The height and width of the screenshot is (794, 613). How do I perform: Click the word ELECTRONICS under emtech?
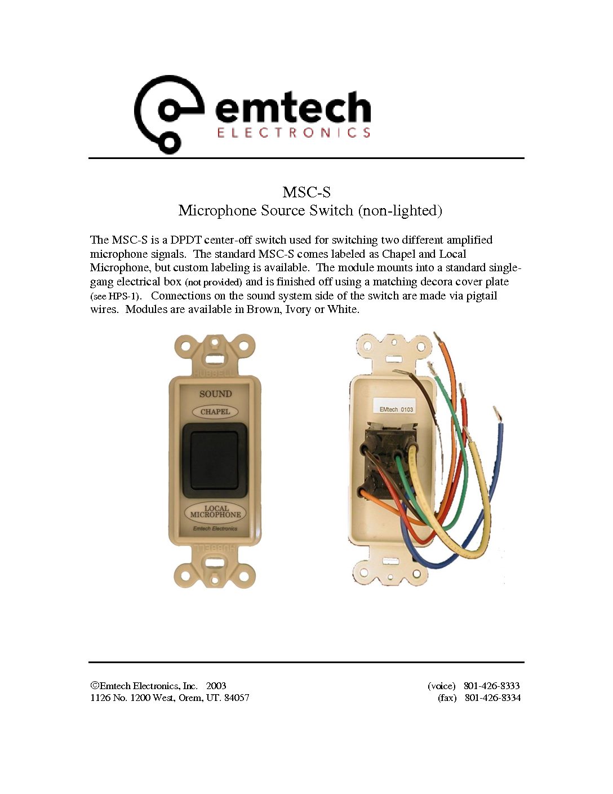(x=294, y=133)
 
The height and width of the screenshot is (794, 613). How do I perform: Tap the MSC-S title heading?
(x=306, y=192)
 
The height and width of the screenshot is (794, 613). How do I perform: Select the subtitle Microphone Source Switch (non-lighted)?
(x=310, y=211)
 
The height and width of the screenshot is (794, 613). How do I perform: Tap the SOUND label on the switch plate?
(x=215, y=394)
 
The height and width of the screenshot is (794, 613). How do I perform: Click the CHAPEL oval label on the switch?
(x=215, y=412)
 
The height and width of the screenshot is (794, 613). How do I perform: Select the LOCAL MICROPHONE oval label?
(x=215, y=511)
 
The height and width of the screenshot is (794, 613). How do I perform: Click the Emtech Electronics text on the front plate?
(x=215, y=529)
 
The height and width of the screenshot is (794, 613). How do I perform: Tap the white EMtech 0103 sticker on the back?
(x=396, y=408)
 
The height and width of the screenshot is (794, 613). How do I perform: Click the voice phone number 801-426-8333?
(x=491, y=686)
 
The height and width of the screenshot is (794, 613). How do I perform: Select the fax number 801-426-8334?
(x=492, y=698)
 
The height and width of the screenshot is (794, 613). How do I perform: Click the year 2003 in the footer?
(x=216, y=686)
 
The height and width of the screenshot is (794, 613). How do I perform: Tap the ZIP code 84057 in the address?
(x=237, y=698)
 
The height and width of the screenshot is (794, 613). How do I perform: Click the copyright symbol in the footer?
(x=95, y=686)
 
